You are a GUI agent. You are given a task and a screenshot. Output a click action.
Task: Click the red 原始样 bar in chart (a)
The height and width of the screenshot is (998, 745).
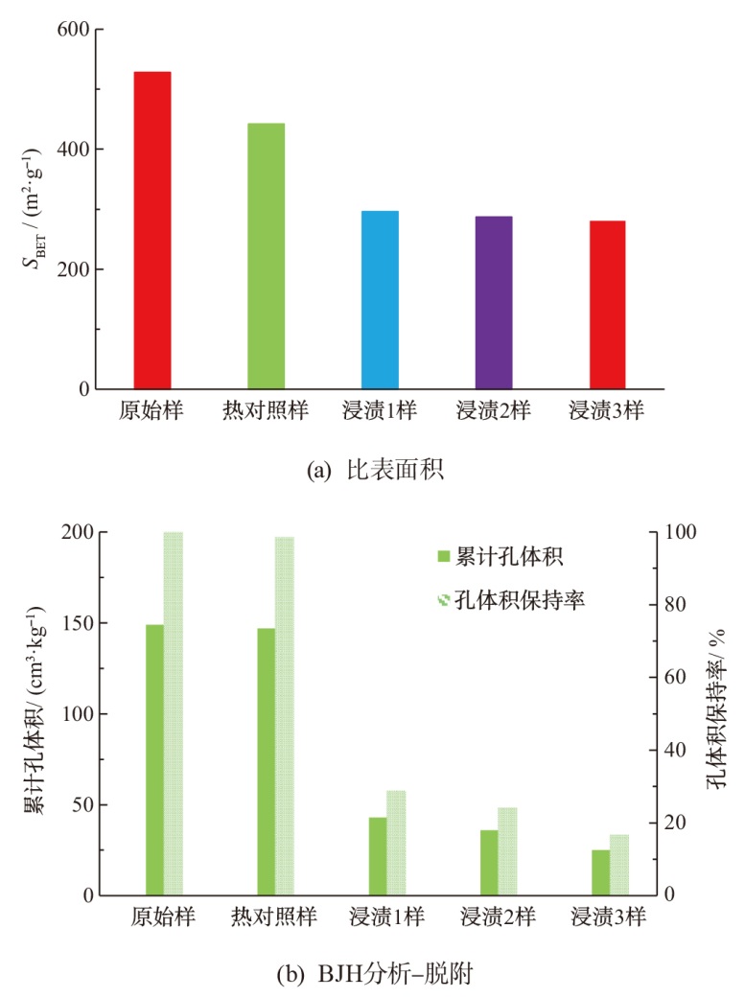[152, 230]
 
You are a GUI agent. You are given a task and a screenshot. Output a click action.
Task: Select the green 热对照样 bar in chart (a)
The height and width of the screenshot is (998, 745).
[266, 256]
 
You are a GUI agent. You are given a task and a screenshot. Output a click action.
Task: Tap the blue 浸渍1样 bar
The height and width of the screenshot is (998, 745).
[380, 300]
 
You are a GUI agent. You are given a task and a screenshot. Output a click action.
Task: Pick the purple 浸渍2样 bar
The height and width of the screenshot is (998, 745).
[494, 303]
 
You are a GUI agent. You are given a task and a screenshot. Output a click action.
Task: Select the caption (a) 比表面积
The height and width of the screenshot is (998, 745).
[371, 470]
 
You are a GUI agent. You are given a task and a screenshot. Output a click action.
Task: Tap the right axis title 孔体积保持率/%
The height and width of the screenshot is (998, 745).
[716, 714]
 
